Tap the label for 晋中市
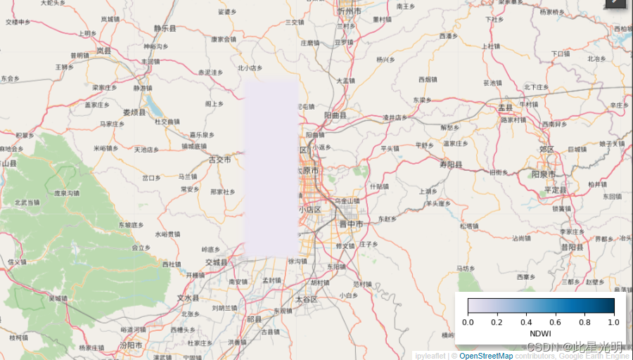click(351, 224)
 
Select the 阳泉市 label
click(544, 174)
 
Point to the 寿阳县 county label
click(451, 165)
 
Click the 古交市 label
click(219, 160)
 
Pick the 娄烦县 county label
click(134, 112)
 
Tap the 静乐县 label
click(165, 29)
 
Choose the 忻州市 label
click(349, 11)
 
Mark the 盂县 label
click(506, 107)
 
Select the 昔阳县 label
click(573, 247)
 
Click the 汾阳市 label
click(131, 345)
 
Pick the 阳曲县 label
click(336, 115)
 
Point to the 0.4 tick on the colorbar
click(526, 321)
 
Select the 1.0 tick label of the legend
click(613, 321)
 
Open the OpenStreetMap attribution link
click(486, 356)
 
